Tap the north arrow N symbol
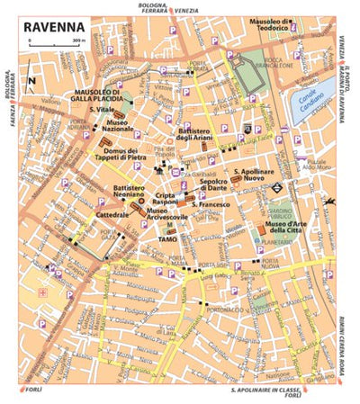tap(31, 82)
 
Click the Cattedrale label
tap(110, 216)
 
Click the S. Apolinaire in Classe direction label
tap(265, 393)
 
